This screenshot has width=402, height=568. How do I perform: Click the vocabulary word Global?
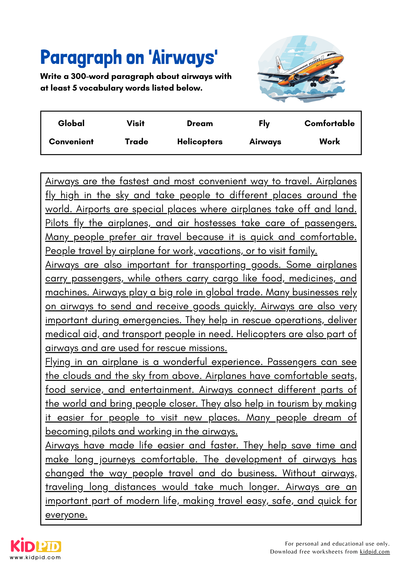pyautogui.click(x=71, y=123)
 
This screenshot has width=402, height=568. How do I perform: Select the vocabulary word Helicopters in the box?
pyautogui.click(x=200, y=141)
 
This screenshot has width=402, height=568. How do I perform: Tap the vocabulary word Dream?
pyautogui.click(x=200, y=123)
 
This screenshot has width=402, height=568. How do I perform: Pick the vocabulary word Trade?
pyautogui.click(x=136, y=141)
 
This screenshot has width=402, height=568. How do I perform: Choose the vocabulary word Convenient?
pyautogui.click(x=71, y=141)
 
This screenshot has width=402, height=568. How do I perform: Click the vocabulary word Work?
pyautogui.click(x=330, y=141)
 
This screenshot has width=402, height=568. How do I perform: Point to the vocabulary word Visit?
pyautogui.click(x=136, y=123)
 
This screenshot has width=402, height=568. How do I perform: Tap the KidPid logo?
pyautogui.click(x=36, y=546)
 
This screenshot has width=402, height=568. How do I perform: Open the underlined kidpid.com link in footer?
pyautogui.click(x=374, y=552)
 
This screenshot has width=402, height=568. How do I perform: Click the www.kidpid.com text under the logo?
pyautogui.click(x=36, y=557)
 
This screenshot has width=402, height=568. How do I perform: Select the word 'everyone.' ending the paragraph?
pyautogui.click(x=66, y=515)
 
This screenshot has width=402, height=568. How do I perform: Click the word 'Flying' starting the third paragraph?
pyautogui.click(x=58, y=362)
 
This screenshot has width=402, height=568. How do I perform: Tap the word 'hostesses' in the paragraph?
pyautogui.click(x=215, y=223)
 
